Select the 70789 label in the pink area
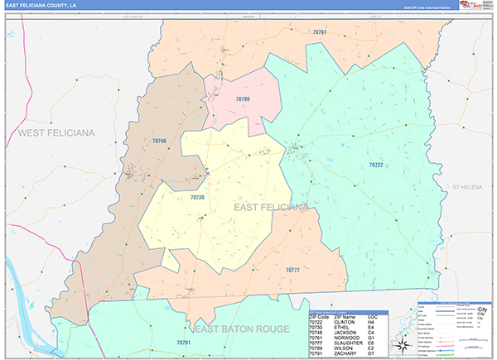[242, 99]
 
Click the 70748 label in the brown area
[160, 142]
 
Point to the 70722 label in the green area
[376, 165]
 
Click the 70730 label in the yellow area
[197, 198]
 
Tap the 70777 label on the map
[292, 270]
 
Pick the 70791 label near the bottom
[183, 342]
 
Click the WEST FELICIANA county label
[56, 132]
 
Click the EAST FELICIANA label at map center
[270, 207]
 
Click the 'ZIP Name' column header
[343, 317]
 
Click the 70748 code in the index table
[318, 332]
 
